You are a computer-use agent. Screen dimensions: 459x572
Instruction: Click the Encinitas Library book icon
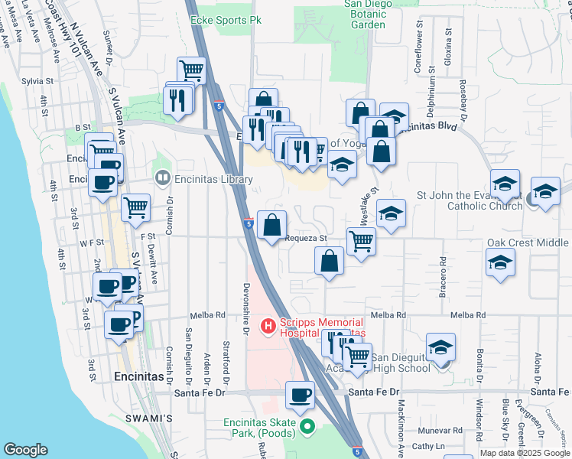click(162, 180)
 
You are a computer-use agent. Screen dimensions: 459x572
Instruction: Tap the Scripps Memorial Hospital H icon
click(268, 327)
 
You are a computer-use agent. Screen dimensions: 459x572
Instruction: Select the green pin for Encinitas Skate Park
click(307, 426)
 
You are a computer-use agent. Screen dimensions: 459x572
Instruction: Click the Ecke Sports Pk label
click(220, 20)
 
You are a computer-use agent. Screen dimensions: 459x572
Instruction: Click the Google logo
click(26, 449)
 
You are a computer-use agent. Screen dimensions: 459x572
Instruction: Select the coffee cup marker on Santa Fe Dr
click(301, 396)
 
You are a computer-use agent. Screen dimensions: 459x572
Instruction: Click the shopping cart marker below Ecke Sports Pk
click(192, 71)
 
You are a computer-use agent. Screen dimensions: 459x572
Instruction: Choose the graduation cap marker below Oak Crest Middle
click(500, 262)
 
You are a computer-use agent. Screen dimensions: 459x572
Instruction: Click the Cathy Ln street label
click(429, 446)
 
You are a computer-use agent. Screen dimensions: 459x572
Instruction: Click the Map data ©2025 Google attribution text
click(525, 452)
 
